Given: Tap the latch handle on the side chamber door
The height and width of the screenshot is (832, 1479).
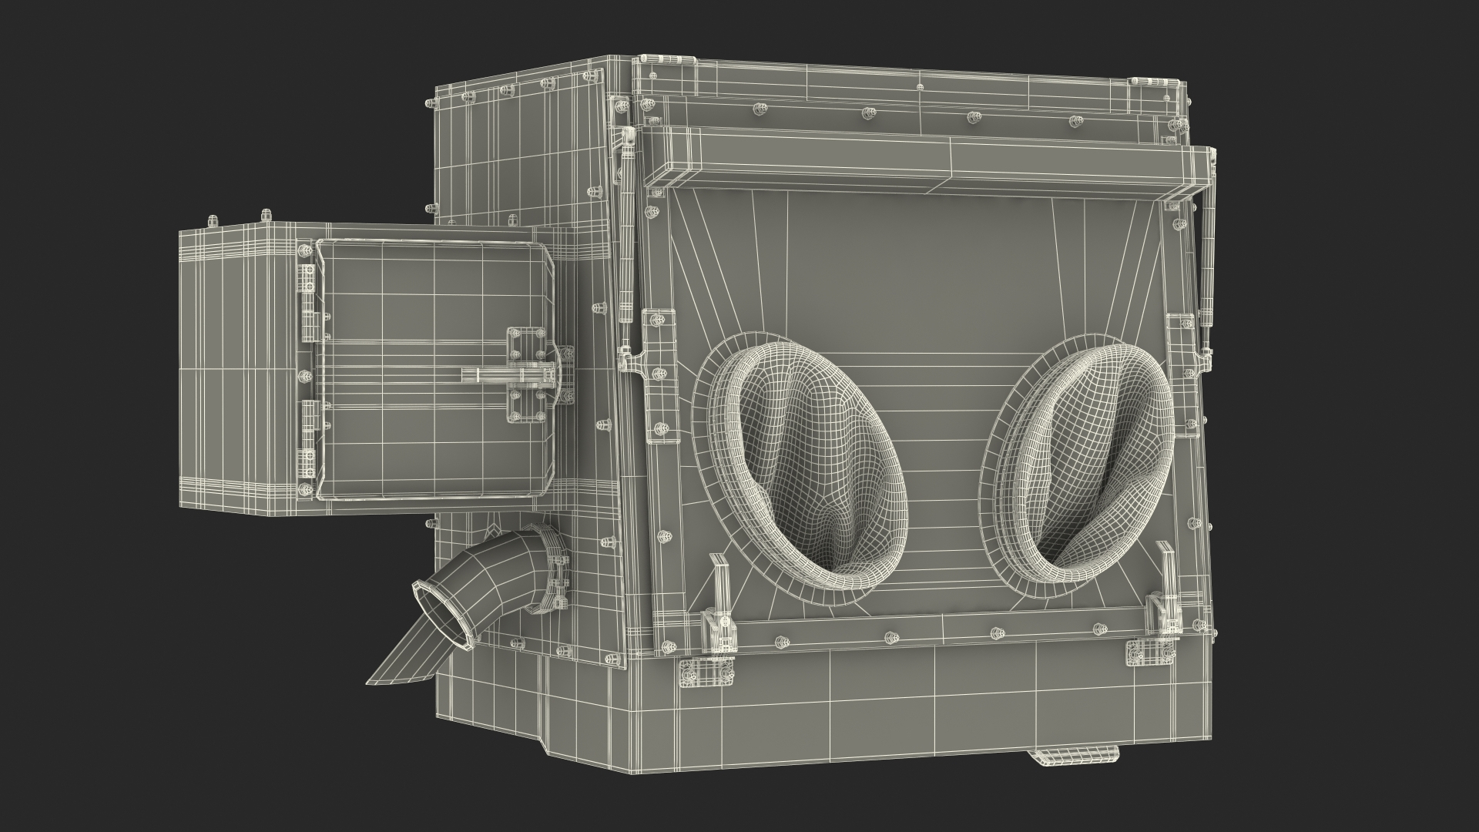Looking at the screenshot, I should pyautogui.click(x=508, y=375).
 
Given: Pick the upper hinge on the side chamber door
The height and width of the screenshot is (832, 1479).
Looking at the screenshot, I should pyautogui.click(x=307, y=293).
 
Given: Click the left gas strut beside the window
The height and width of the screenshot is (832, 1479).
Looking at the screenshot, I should pyautogui.click(x=625, y=231).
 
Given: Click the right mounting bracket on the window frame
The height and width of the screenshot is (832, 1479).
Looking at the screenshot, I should pyautogui.click(x=1179, y=362).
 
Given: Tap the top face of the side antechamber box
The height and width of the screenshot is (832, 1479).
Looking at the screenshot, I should pyautogui.click(x=246, y=232).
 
